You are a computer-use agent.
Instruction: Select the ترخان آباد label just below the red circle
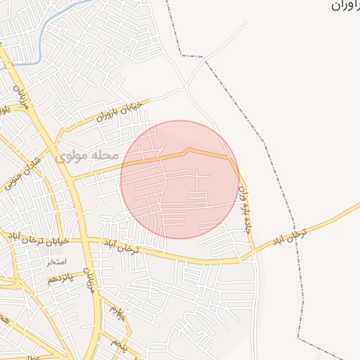tap(122, 245)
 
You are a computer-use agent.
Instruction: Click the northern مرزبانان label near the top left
tap(20, 91)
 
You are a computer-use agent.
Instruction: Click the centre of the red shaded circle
tap(180, 179)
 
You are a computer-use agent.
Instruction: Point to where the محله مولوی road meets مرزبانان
tap(72, 180)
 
